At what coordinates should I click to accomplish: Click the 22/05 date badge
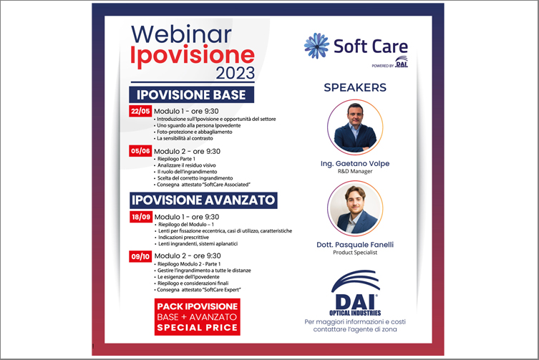pos(140,111)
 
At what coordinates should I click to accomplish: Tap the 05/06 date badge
pos(140,151)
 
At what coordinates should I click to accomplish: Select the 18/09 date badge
pos(141,217)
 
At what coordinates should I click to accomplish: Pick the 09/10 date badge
pos(140,256)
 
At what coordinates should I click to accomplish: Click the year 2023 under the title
pos(235,72)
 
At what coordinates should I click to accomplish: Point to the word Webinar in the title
pos(181,34)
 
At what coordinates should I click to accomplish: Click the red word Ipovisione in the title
pos(193,56)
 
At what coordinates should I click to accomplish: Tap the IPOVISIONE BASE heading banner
pos(191,94)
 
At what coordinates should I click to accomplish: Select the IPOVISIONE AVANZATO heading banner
pos(203,200)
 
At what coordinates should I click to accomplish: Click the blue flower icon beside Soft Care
pos(316,45)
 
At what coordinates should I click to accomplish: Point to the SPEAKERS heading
pos(355,88)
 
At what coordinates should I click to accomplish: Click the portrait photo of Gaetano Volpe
pos(355,127)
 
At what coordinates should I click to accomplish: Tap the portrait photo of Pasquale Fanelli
pos(355,209)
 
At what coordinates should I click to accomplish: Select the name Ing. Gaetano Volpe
pos(355,164)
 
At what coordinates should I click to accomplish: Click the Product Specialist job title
pos(355,253)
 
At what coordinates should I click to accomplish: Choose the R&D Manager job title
pos(355,171)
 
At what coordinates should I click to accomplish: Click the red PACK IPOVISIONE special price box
pos(198,316)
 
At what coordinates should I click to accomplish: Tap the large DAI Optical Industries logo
pos(356,293)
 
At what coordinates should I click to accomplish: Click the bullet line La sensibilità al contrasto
pos(183,139)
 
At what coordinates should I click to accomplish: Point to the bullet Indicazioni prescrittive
pos(182,238)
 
